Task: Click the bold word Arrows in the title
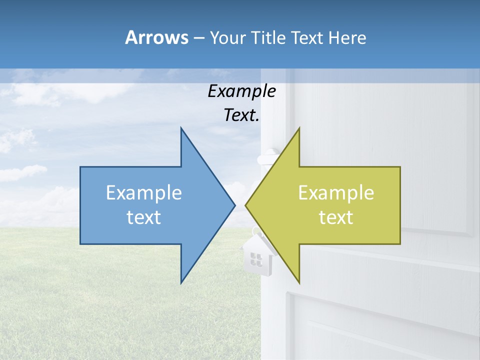pyautogui.click(x=156, y=37)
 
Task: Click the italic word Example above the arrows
pyautogui.click(x=241, y=91)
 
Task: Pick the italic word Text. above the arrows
pyautogui.click(x=241, y=115)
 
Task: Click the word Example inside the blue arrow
pyautogui.click(x=144, y=192)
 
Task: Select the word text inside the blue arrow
pyautogui.click(x=144, y=217)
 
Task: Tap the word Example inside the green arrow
pyautogui.click(x=336, y=192)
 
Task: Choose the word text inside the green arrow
pyautogui.click(x=336, y=217)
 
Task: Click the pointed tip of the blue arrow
pyautogui.click(x=234, y=204)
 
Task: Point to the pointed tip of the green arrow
pyautogui.click(x=246, y=204)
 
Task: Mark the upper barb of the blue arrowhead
pyautogui.click(x=181, y=130)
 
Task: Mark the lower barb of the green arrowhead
pyautogui.click(x=298, y=280)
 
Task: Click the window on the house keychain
pyautogui.click(x=256, y=259)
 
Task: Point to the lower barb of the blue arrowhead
pyautogui.click(x=181, y=281)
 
